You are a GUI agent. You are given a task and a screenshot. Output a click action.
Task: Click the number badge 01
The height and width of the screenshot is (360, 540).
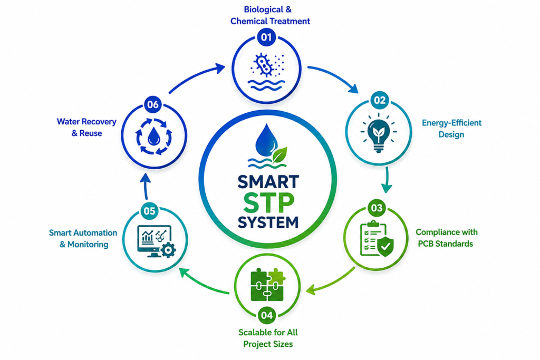[x=266, y=37]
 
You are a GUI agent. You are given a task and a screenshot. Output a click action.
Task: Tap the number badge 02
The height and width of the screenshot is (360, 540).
[x=380, y=100]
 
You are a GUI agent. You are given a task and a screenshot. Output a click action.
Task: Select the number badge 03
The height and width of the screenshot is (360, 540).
[x=377, y=208]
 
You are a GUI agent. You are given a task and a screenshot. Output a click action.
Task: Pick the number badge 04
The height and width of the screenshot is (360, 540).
[x=267, y=315]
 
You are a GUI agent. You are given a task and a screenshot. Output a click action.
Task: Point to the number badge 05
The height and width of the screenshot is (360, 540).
[x=149, y=211]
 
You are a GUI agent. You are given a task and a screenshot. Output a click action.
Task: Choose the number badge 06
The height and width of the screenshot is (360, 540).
[x=153, y=104]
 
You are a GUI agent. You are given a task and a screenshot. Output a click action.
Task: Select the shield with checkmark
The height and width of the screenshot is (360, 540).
[x=385, y=246]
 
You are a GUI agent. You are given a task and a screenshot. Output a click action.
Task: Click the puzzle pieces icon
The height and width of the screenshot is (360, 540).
[x=267, y=284]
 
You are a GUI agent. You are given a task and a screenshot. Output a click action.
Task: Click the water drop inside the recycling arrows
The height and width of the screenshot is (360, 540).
[x=153, y=137]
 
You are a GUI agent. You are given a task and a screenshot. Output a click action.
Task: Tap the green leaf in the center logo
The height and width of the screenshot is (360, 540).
[x=279, y=155]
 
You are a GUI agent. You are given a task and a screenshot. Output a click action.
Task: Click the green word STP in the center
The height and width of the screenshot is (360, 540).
[x=268, y=203]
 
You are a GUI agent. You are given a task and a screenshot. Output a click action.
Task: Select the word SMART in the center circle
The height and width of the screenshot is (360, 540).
[x=268, y=182]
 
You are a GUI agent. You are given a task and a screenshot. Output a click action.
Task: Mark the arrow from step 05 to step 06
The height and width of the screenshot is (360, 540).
[x=146, y=186]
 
